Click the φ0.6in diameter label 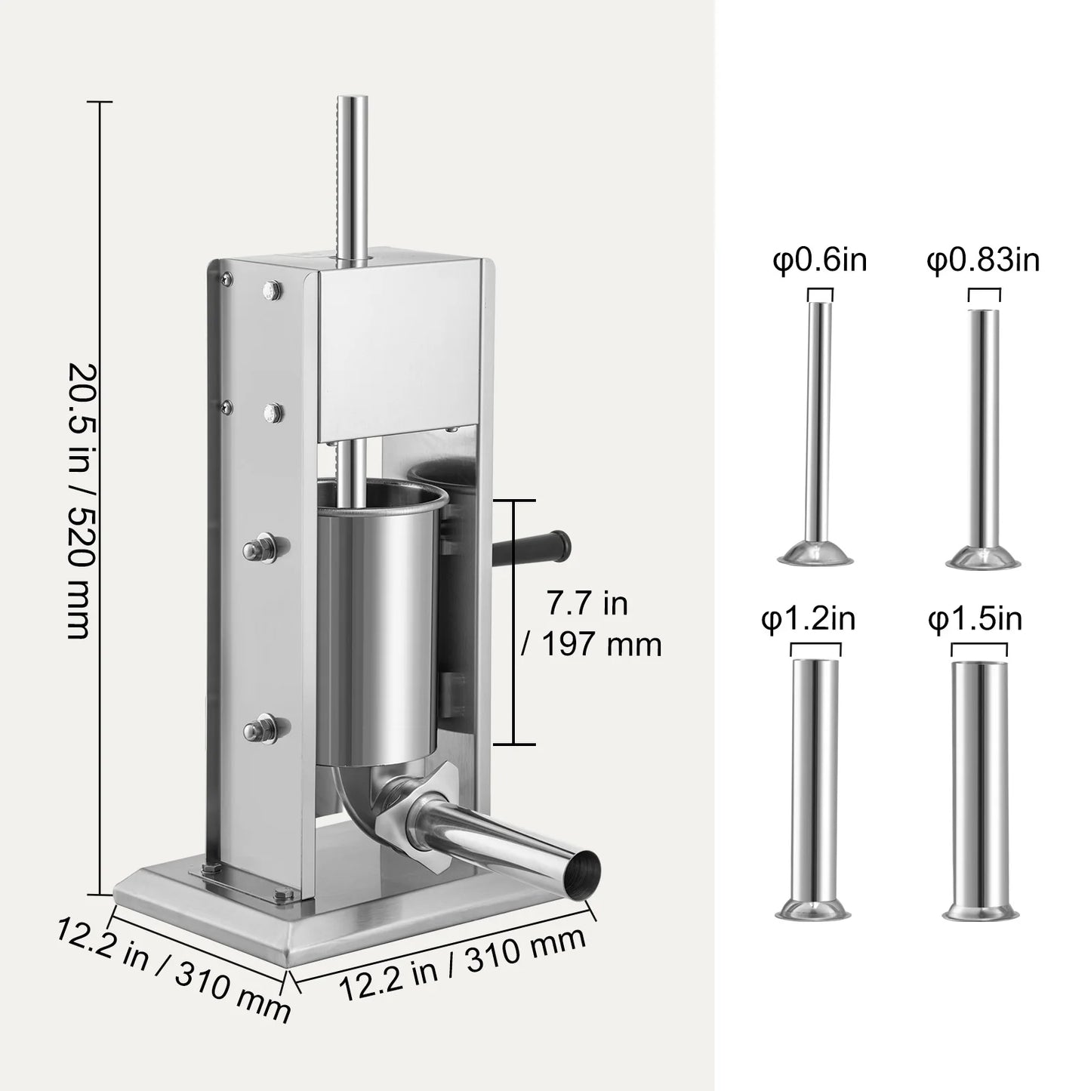point(819,260)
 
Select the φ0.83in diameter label point(983,260)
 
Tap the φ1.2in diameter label point(808,619)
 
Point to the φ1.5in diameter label point(975,619)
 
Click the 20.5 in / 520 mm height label point(81,501)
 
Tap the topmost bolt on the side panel point(270,289)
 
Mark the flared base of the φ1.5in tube point(979,911)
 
